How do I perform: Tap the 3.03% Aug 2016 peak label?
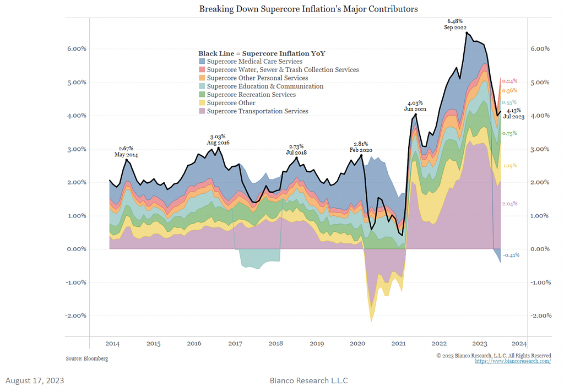[219, 139]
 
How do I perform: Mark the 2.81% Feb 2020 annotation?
[361, 146]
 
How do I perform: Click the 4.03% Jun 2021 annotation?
[416, 106]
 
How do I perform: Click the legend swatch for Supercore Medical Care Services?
[202, 62]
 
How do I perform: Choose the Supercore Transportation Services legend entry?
[253, 111]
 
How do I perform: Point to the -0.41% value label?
[511, 255]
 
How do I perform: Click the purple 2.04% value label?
[509, 204]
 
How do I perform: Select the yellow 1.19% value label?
[509, 166]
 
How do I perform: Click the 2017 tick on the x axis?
[235, 344]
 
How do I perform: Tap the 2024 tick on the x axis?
[519, 344]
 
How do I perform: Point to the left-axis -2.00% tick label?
[73, 316]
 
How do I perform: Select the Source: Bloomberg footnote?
[87, 358]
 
